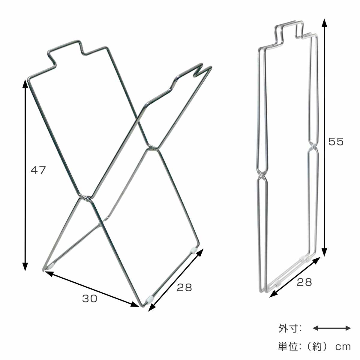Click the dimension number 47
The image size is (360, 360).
point(38,170)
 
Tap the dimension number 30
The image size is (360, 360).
point(90,298)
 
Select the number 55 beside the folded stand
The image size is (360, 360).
point(336,141)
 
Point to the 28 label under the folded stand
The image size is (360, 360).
point(304,282)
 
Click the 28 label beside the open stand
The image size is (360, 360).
point(184,287)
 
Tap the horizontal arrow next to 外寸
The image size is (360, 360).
point(331,328)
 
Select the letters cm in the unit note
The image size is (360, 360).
point(343,347)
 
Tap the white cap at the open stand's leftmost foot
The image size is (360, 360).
point(52,265)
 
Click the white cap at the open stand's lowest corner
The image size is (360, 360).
point(149,298)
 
